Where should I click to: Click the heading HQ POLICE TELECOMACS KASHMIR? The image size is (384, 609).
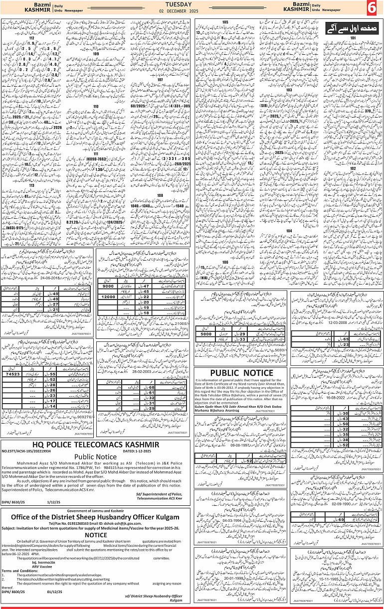coord(96,444)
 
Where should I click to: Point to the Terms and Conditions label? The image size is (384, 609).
coord(19,570)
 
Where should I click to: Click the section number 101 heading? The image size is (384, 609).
coord(353,37)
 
